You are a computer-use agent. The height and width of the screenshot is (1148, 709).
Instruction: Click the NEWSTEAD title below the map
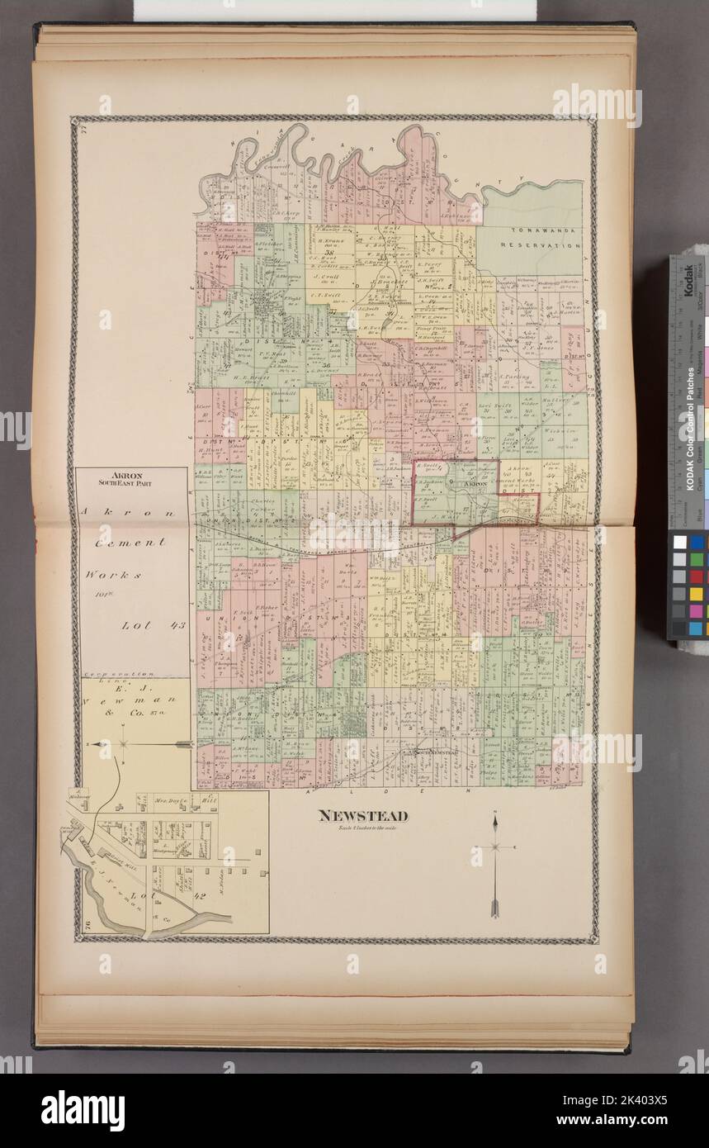[x=363, y=816]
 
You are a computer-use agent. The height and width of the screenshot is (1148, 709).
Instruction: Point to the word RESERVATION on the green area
[x=546, y=245]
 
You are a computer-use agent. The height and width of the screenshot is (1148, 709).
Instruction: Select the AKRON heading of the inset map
[x=133, y=476]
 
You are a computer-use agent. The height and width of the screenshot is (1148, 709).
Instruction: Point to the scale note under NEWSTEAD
[x=363, y=827]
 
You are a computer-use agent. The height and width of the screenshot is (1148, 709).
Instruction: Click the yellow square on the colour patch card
[x=696, y=594]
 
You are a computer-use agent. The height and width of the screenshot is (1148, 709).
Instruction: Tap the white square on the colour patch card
[x=678, y=542]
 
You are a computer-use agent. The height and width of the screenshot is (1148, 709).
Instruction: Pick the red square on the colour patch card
[x=696, y=576]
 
